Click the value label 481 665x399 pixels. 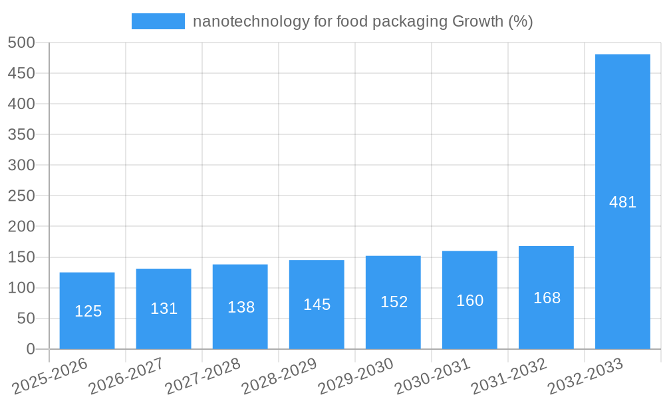623,202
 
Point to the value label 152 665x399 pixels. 394,302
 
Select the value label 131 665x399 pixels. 164,309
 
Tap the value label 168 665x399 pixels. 547,298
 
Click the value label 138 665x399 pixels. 241,307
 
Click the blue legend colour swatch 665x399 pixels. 158,21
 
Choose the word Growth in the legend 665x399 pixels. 477,22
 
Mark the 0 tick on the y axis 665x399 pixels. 30,349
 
